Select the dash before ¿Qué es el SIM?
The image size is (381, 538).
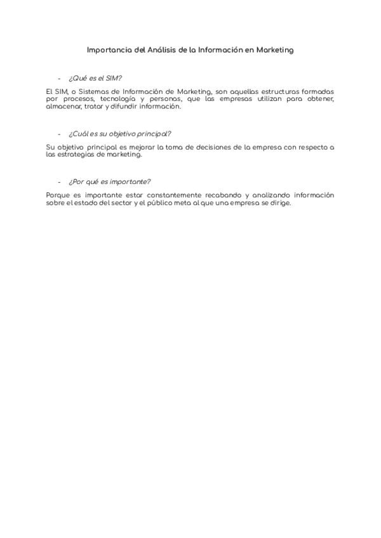(x=59, y=79)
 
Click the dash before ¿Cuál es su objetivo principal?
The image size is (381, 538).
(x=59, y=134)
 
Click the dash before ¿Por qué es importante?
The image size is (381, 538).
(x=59, y=182)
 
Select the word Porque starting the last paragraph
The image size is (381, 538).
(x=59, y=195)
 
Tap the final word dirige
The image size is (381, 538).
(x=279, y=202)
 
